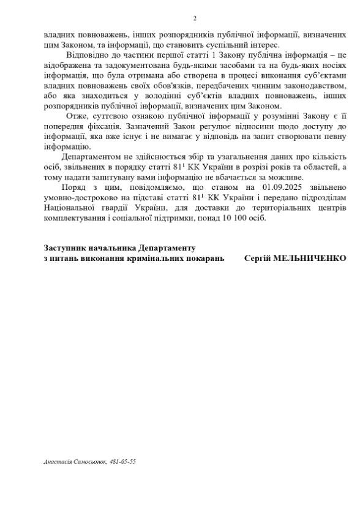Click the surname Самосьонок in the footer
(90, 461)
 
